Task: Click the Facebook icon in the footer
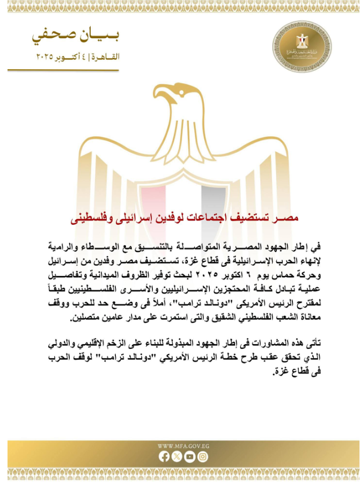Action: pos(164,457)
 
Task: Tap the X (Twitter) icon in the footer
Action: pos(177,457)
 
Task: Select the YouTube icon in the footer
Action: pos(189,457)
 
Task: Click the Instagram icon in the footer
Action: pos(202,457)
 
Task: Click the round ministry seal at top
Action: pos(302,45)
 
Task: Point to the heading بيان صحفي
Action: pos(75,36)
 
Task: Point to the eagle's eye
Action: pos(177,93)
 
